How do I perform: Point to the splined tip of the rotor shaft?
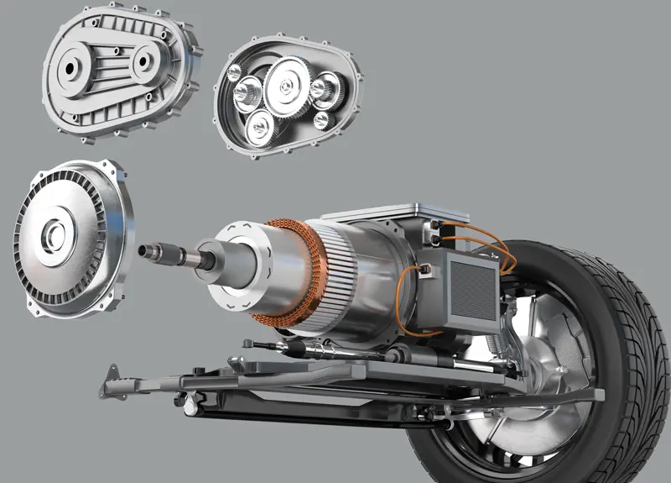pos(152,249)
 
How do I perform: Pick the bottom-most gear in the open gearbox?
pos(260,127)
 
